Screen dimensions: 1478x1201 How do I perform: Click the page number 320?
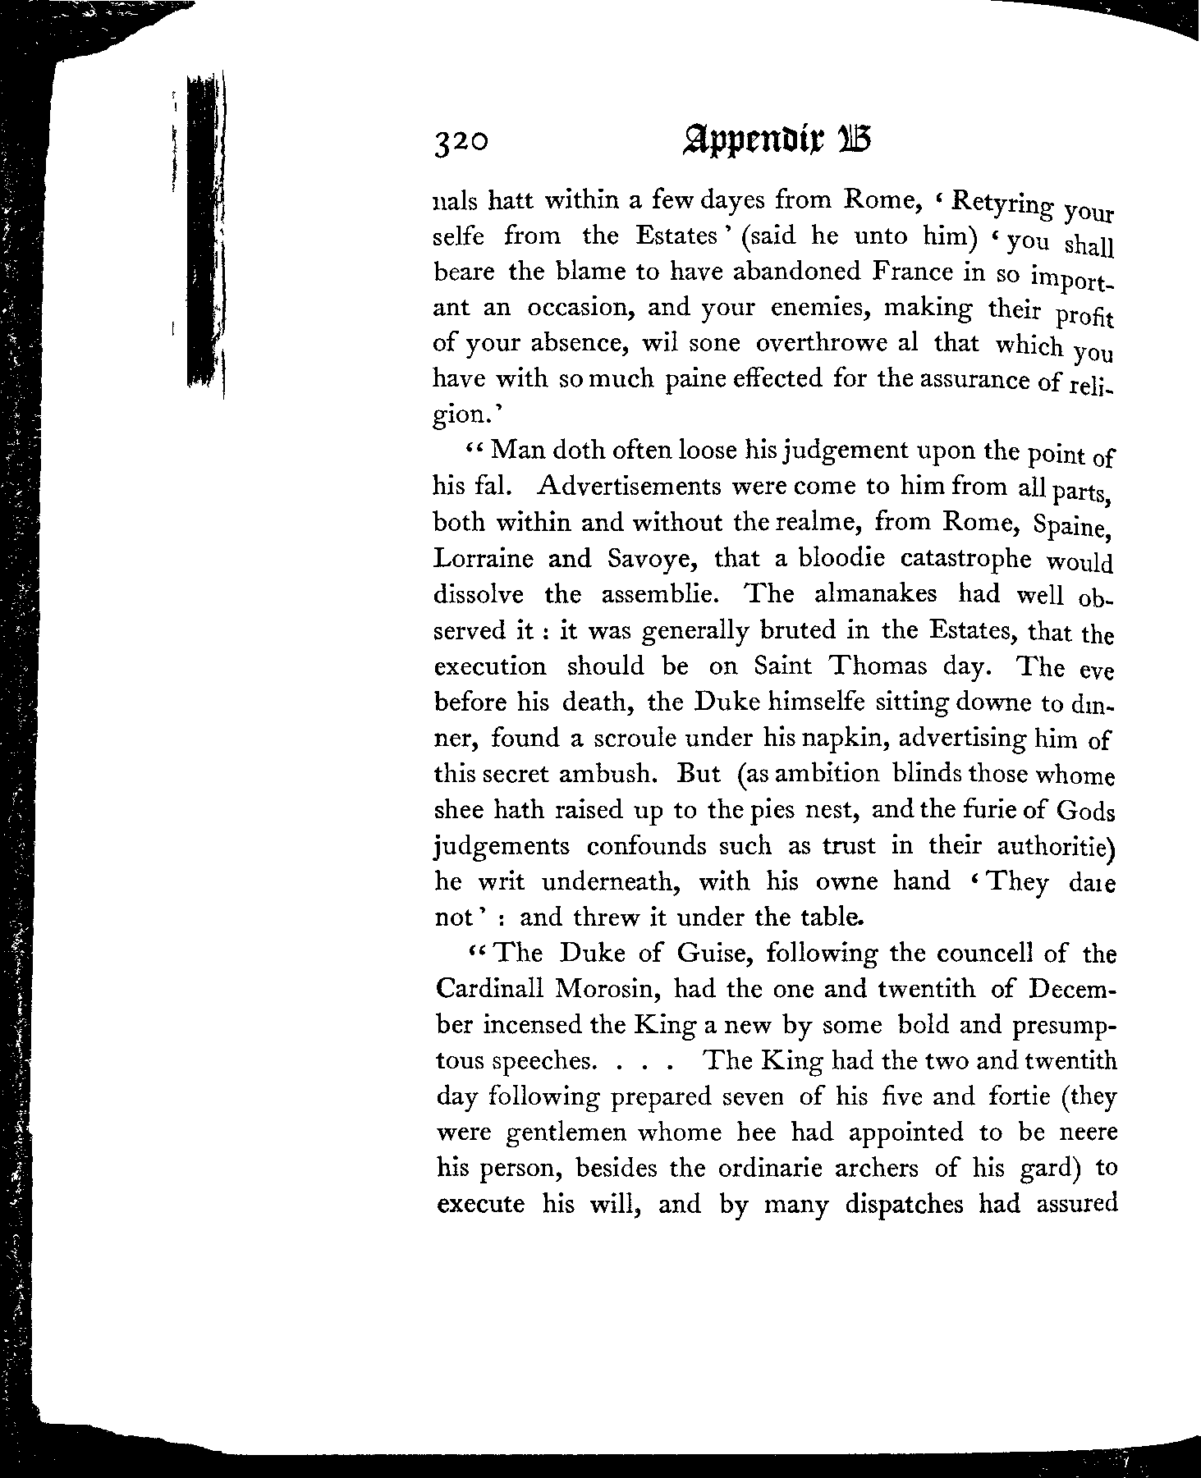pyautogui.click(x=462, y=142)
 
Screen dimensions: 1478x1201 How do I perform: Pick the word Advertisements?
pyautogui.click(x=628, y=487)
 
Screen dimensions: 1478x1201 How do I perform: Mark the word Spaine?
pyautogui.click(x=1072, y=525)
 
